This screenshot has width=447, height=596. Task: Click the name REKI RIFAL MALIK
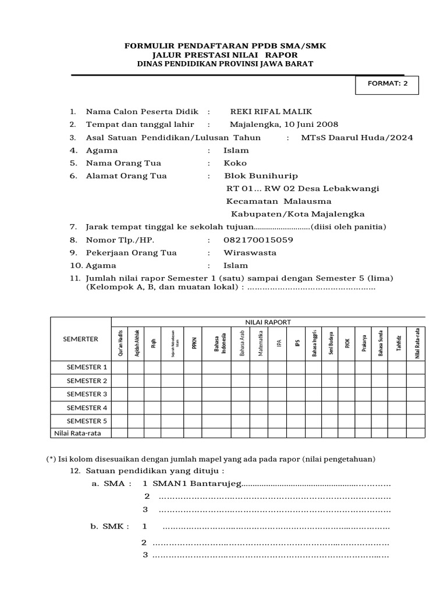[259, 112]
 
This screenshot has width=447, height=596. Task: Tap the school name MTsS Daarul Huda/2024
[357, 137]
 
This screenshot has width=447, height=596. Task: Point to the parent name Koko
[235, 163]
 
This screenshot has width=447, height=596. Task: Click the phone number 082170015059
[258, 240]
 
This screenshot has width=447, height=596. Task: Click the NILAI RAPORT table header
[268, 322]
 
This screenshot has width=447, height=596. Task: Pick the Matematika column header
[261, 344]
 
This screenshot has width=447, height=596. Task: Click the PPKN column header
[195, 344]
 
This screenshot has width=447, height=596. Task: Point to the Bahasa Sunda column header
[381, 344]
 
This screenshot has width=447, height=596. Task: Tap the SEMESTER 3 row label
[87, 394]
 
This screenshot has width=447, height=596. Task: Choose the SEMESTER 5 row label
[87, 420]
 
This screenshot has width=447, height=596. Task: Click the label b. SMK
[109, 527]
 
